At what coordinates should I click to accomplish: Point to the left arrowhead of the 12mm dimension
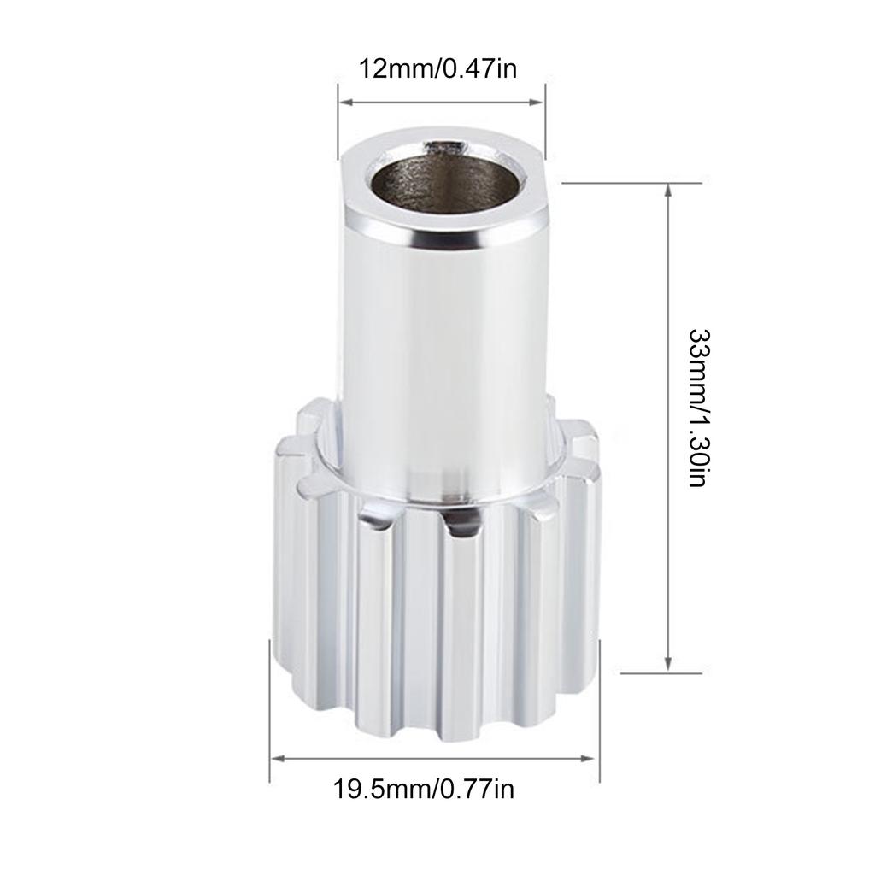[x=344, y=103]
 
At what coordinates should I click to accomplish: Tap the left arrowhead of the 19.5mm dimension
[x=276, y=758]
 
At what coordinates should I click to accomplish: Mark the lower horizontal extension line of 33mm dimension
[x=658, y=673]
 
